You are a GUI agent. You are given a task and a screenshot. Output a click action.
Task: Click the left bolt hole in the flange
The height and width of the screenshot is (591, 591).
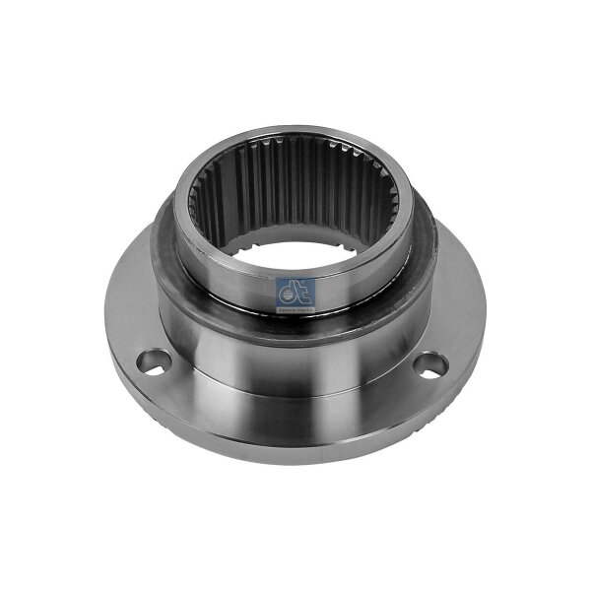click(152, 361)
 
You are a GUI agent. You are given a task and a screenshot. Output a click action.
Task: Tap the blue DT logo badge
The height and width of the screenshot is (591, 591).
click(295, 294)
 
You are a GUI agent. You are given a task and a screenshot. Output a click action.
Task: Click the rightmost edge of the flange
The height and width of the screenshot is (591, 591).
click(486, 345)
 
